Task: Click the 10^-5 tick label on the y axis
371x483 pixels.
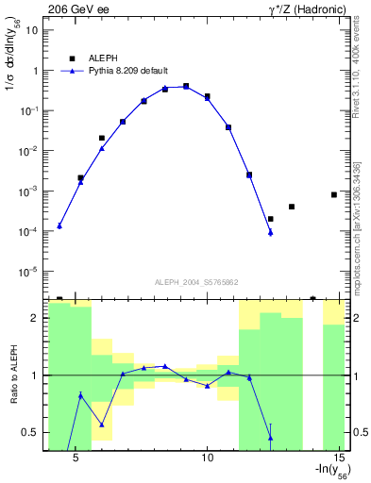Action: click(x=29, y=272)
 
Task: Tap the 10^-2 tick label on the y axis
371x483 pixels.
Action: click(x=29, y=151)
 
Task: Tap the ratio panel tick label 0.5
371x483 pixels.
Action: click(x=30, y=433)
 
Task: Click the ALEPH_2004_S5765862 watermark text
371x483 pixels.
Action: click(x=196, y=282)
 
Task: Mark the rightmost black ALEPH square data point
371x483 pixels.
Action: click(x=334, y=194)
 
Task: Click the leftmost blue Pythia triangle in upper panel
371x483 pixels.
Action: click(x=59, y=225)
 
